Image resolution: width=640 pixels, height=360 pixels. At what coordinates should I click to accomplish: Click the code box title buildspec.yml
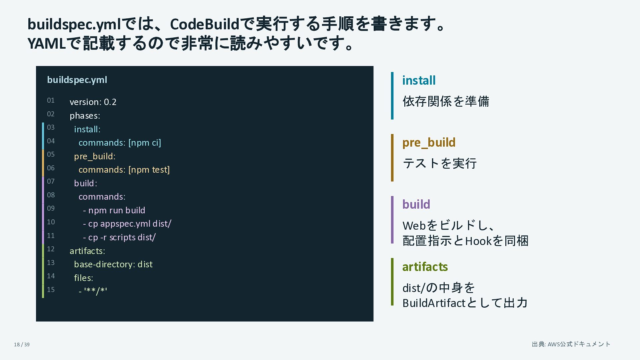coord(77,80)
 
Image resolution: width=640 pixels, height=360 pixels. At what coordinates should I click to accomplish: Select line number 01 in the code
coord(51,100)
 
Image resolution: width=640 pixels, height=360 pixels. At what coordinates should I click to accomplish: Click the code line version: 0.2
coord(93,102)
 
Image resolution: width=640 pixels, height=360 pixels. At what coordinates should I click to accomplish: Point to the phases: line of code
coord(85,116)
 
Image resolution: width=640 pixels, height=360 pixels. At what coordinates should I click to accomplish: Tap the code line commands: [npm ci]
coord(120,143)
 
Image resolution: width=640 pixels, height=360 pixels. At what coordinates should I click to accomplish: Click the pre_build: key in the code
coord(95,157)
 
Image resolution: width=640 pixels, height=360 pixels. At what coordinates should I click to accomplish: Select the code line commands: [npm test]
coord(124,170)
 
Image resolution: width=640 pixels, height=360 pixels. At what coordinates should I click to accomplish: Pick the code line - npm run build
coord(114,210)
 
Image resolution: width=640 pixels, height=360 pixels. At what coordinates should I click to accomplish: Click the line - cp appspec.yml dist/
coord(127,224)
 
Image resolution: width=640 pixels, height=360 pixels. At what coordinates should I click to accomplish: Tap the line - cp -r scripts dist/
coord(119,237)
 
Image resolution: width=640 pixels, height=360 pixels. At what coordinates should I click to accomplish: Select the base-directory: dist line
coord(113,264)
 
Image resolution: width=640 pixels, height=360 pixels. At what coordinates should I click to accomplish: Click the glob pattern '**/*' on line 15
coord(96,291)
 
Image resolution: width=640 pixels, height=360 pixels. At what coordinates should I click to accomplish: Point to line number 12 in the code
coord(51,249)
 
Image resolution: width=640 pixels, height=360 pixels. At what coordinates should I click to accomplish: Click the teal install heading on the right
coord(419,80)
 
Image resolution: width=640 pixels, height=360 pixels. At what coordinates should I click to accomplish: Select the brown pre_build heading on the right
coord(429,143)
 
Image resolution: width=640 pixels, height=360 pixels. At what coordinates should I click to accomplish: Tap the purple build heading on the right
coord(416,204)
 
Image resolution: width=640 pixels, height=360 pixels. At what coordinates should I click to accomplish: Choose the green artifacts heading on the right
coord(425,267)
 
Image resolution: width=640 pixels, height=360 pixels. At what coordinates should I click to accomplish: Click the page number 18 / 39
coord(22,345)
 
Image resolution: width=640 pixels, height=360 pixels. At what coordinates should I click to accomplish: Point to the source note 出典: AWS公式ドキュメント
coord(571,344)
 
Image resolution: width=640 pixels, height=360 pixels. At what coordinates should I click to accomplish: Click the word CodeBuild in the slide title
coord(205,24)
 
